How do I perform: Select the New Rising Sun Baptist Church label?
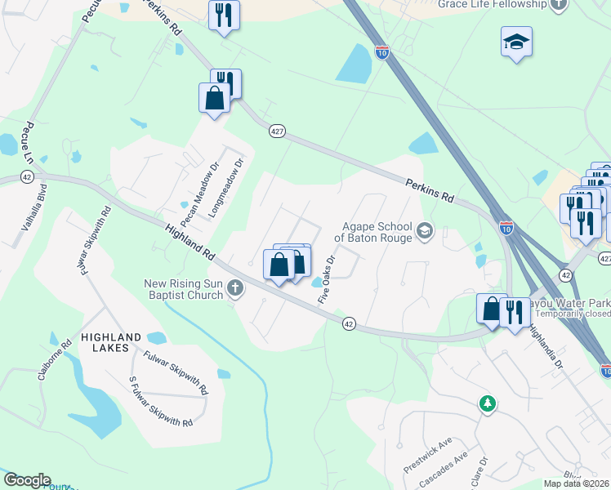pyautogui.click(x=184, y=289)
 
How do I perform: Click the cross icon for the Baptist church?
pyautogui.click(x=235, y=287)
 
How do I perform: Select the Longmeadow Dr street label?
pyautogui.click(x=226, y=187)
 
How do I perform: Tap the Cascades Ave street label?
pyautogui.click(x=443, y=472)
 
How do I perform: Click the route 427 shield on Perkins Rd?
pyautogui.click(x=277, y=131)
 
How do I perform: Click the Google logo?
pyautogui.click(x=27, y=480)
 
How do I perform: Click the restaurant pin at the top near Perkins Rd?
pyautogui.click(x=223, y=15)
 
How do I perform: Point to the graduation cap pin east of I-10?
pyautogui.click(x=516, y=41)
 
